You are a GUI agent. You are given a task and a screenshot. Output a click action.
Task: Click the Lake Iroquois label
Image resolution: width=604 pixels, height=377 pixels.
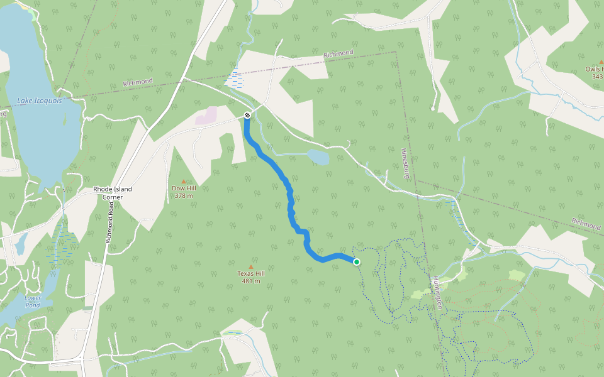(39, 101)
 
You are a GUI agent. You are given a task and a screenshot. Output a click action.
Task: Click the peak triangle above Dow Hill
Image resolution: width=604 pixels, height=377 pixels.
(183, 181)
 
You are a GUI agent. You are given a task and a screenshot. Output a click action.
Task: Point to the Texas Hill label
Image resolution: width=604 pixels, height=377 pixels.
(251, 273)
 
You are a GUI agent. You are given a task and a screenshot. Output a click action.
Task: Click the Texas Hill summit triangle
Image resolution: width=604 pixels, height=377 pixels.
(251, 266)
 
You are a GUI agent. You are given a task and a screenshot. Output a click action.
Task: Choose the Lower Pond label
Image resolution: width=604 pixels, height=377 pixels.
(32, 302)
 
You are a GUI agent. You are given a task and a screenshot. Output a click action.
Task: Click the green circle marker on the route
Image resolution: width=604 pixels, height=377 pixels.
(357, 262)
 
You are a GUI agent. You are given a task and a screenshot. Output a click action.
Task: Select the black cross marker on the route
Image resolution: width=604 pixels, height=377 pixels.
(247, 115)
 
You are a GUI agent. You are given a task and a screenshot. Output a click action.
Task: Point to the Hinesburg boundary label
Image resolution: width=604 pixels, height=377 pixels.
(406, 162)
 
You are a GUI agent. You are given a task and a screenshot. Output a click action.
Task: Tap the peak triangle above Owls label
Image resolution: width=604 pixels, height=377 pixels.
(601, 62)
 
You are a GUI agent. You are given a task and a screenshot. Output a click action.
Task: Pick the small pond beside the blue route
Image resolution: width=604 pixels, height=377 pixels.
(318, 157)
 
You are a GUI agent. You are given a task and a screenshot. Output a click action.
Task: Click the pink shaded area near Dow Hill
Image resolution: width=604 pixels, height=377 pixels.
(206, 116)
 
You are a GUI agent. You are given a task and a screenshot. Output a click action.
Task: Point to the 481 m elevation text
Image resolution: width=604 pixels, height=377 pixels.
(251, 281)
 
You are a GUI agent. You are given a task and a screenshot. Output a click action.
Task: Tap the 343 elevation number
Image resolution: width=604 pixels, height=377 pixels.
(597, 77)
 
